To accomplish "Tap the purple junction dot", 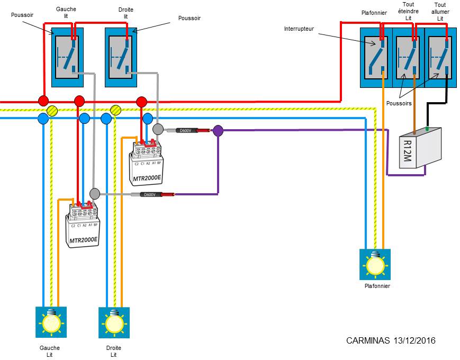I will pos(218,130).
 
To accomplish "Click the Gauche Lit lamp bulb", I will pos(51,321).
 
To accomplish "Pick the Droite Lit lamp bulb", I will pos(115,321).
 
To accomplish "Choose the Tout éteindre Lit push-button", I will pos(408,57).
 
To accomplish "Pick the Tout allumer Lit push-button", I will pos(440,57).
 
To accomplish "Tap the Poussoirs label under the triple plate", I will pos(399,103).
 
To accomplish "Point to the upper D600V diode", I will pos(183,130).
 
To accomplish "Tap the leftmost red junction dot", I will pos(43,101).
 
